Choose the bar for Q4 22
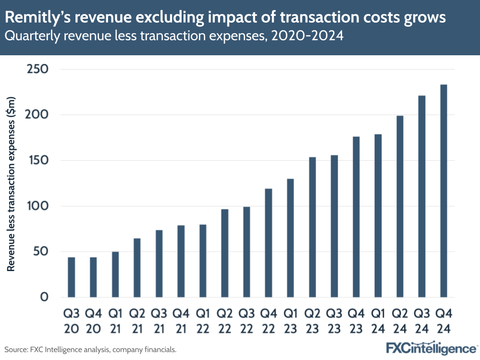point(269,243)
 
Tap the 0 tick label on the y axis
point(44,297)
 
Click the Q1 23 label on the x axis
point(290,322)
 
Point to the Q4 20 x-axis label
point(93,322)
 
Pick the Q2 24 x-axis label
point(400,322)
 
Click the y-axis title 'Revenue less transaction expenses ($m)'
point(12,183)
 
